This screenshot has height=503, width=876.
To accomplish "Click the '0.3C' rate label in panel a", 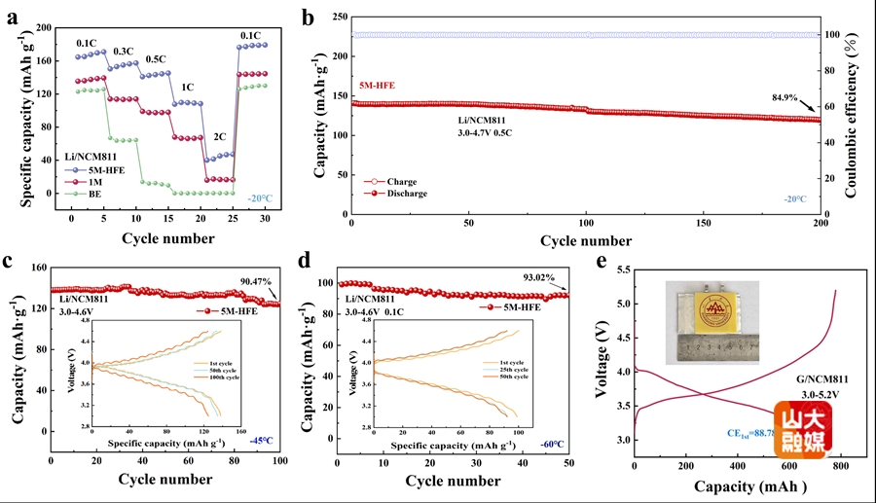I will (x=124, y=51).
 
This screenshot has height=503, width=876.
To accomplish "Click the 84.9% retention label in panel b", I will (x=784, y=97).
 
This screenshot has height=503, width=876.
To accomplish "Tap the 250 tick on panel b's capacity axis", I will (x=336, y=18).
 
